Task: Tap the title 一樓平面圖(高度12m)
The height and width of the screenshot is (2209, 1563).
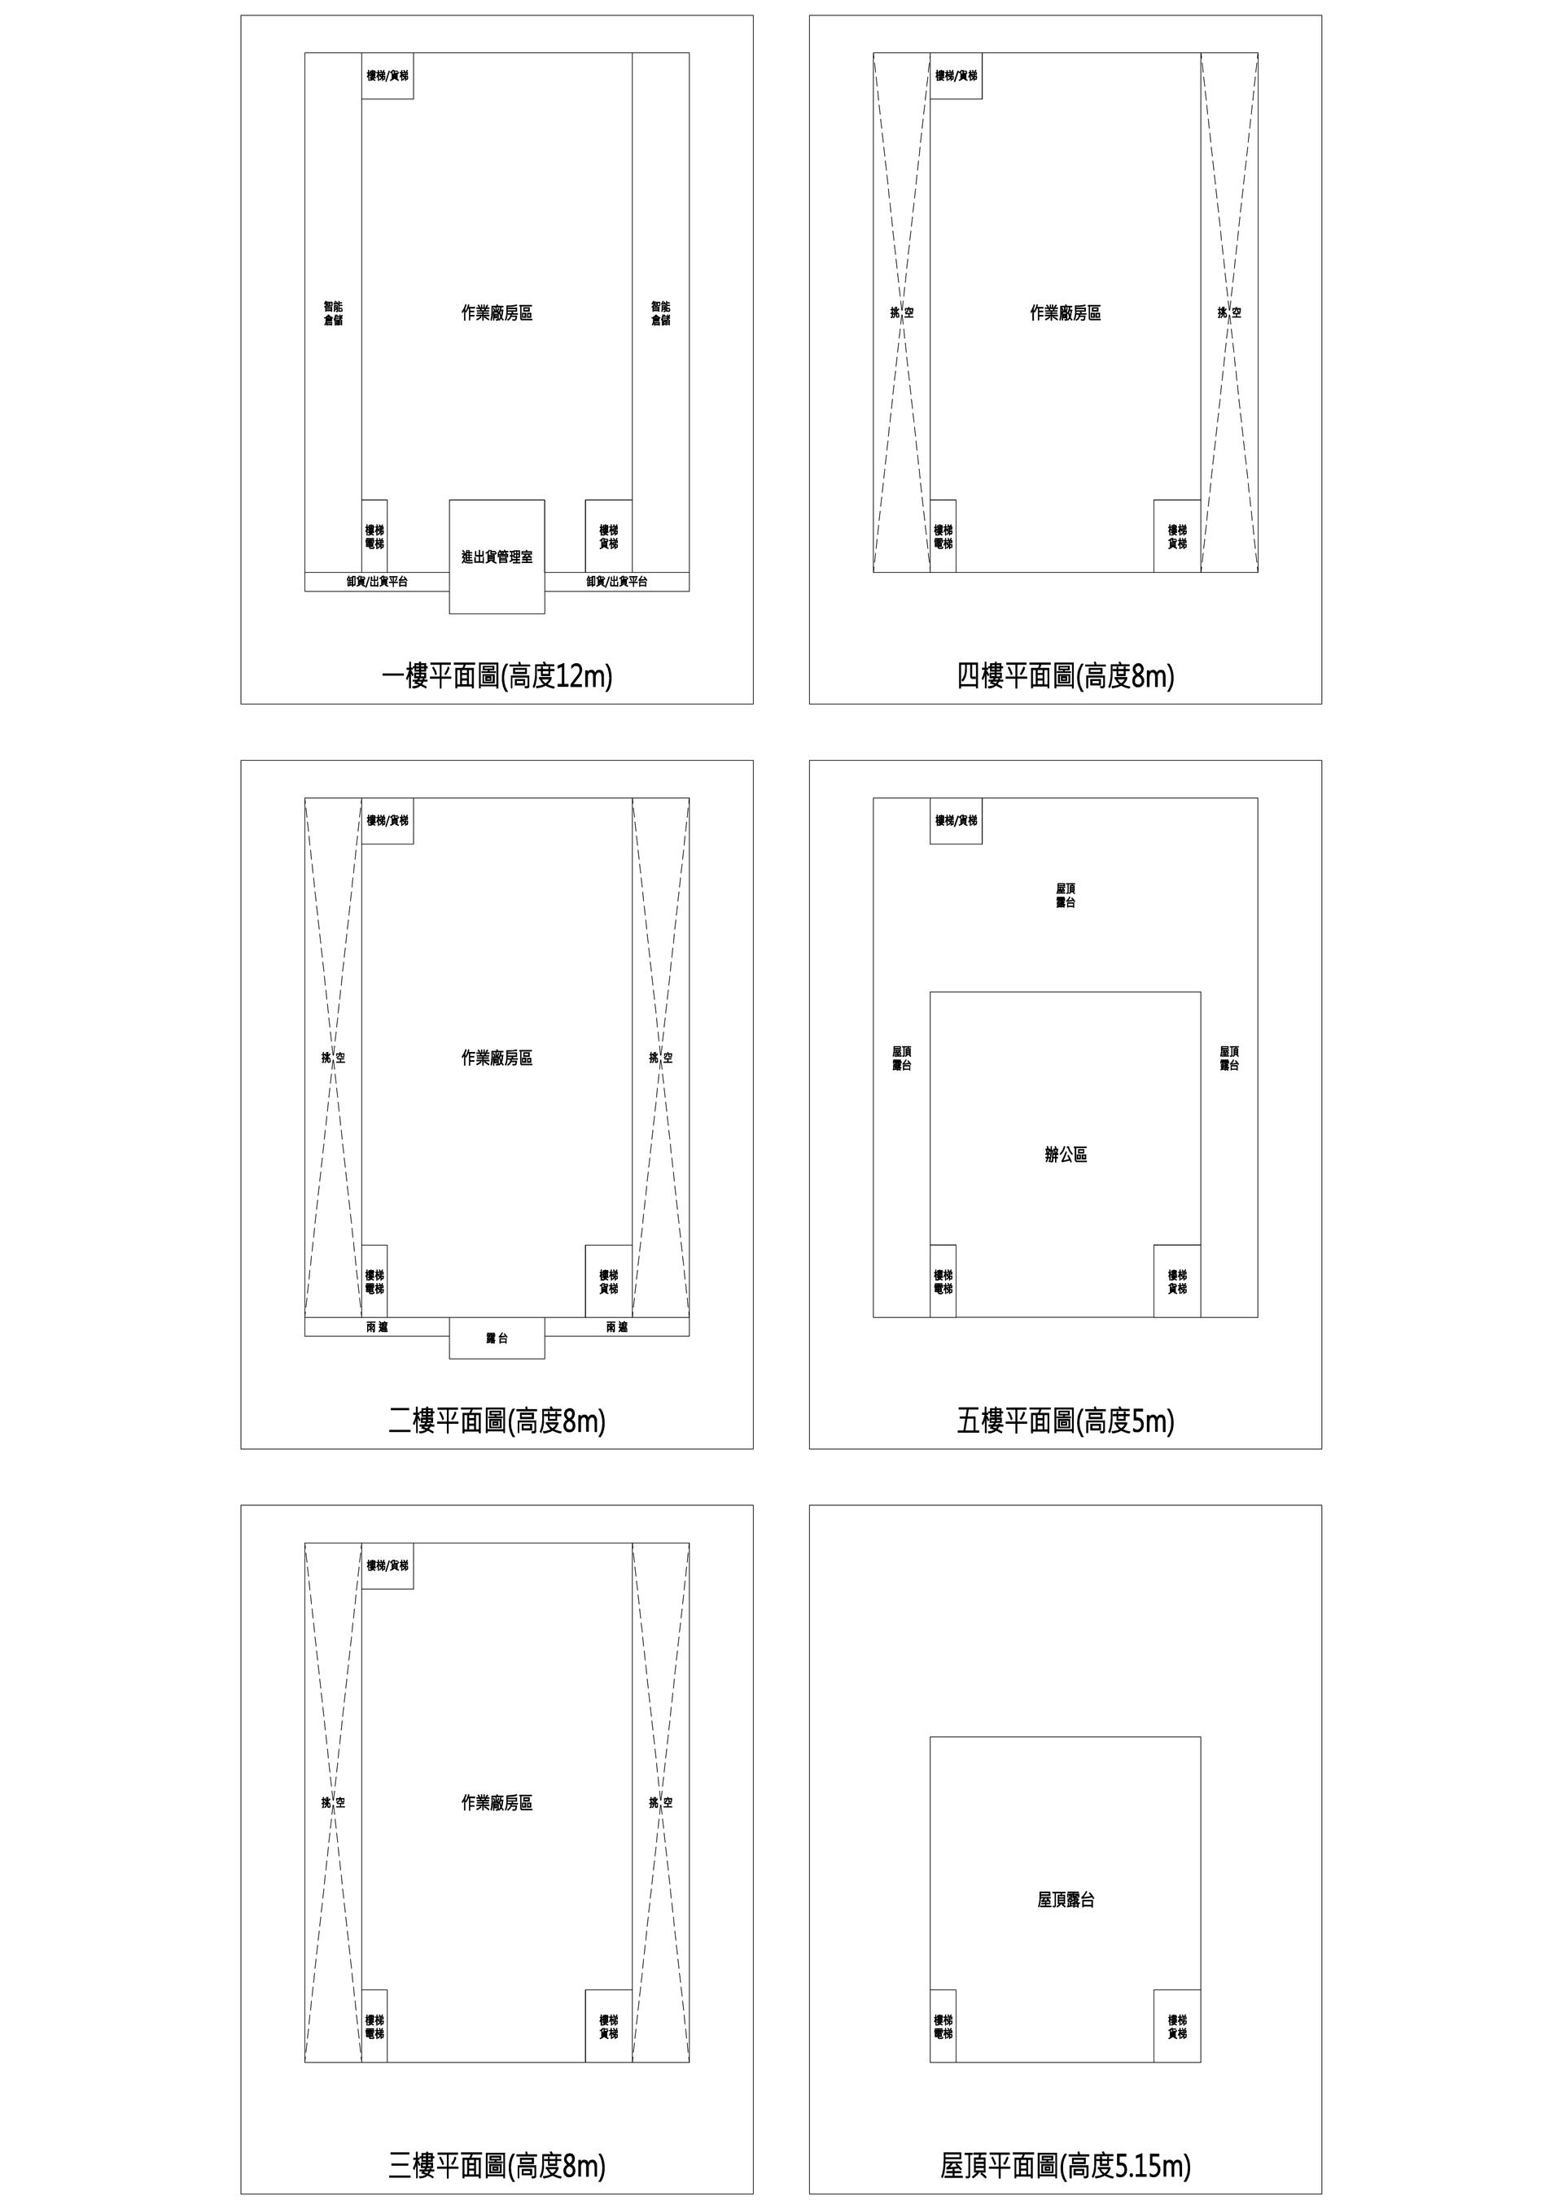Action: tap(497, 676)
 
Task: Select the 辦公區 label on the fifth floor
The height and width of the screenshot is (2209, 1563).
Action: tap(1066, 1155)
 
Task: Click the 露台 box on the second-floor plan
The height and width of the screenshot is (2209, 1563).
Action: tap(497, 1338)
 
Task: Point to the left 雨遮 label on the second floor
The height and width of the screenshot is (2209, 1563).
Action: tap(377, 1327)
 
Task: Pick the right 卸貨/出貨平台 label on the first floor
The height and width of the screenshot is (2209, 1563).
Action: tap(617, 581)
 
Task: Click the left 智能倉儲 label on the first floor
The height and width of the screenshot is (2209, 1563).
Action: tap(333, 312)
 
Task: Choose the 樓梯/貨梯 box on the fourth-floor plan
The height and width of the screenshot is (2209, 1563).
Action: tap(956, 75)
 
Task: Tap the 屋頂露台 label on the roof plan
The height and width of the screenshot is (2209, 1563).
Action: tap(1066, 1899)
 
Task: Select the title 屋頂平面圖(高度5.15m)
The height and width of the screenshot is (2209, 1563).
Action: tap(1066, 2166)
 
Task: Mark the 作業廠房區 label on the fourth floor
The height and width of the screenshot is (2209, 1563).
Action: tap(1066, 312)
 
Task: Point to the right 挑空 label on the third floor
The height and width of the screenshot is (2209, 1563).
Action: tap(660, 1802)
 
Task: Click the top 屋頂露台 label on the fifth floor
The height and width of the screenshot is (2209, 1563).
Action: tap(1066, 895)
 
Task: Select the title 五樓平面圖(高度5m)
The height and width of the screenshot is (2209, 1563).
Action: tap(1066, 1421)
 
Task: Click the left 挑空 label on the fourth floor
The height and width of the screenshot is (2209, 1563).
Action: tap(902, 312)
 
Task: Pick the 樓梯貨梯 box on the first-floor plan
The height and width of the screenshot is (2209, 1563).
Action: tap(608, 536)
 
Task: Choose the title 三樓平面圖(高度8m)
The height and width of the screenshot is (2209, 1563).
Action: tap(497, 2166)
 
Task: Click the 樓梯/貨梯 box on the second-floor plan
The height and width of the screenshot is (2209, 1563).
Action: tap(387, 821)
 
